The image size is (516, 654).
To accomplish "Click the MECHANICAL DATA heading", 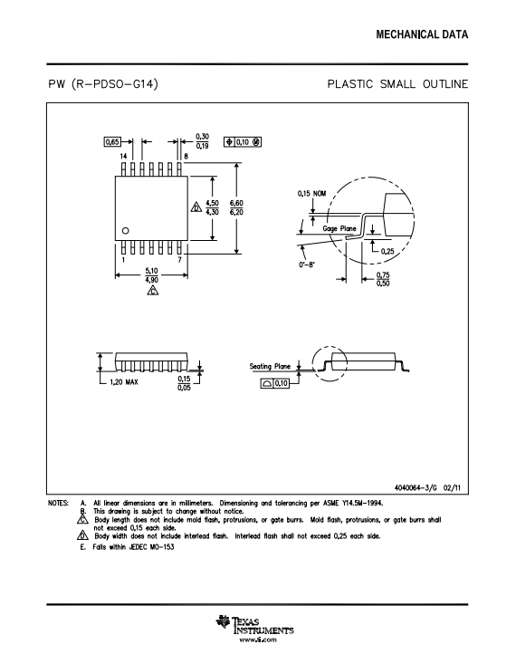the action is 422,34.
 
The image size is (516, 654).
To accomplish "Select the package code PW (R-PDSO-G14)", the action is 103,84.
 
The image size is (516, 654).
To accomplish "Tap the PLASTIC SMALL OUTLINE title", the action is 397,84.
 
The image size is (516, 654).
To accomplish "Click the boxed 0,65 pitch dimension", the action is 111,142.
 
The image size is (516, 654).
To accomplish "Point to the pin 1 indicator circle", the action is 125,231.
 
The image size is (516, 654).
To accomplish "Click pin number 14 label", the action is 123,156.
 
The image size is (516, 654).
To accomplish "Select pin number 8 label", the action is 186,156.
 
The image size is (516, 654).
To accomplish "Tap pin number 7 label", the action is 179,259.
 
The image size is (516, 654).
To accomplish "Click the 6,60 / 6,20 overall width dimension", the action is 236,207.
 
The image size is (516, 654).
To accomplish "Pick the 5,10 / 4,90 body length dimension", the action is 152,275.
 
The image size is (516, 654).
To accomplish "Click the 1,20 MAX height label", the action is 124,382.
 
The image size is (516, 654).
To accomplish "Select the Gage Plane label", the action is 339,228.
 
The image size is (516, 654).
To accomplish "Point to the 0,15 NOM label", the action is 311,194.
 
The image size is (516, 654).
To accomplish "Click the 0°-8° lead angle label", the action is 307,264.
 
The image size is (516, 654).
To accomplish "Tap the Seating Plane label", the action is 270,366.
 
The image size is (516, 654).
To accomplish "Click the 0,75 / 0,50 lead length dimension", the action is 383,279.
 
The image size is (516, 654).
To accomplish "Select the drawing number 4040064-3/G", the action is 416,487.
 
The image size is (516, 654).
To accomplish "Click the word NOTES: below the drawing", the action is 58,503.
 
